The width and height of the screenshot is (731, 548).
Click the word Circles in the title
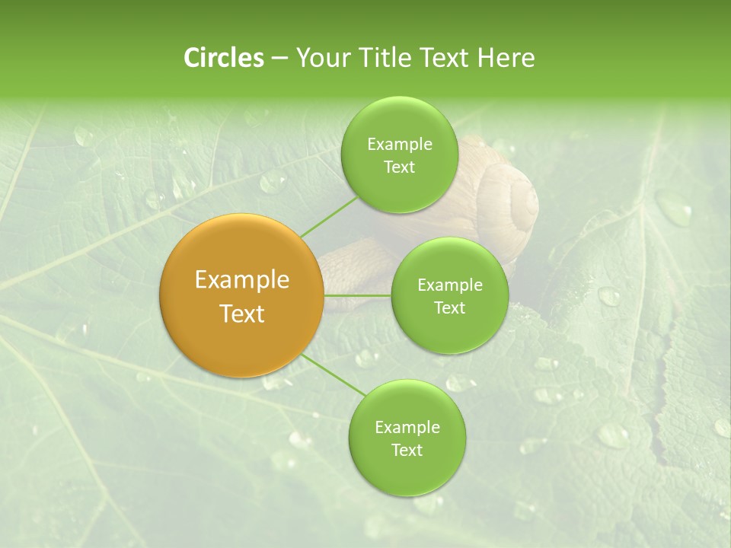tap(224, 58)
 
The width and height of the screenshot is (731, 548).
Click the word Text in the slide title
tap(446, 58)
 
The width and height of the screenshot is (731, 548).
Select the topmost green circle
tap(400, 155)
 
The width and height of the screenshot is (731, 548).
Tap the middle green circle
tap(449, 296)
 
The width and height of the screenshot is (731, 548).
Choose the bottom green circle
tap(407, 438)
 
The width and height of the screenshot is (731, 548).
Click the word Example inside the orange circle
tap(242, 280)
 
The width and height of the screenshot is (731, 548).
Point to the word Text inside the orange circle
tap(242, 314)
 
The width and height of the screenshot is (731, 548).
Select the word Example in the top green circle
tap(400, 145)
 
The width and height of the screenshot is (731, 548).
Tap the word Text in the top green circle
tap(399, 167)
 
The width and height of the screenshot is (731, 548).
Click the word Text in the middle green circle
tap(449, 307)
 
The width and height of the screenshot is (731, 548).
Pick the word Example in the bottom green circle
tap(407, 428)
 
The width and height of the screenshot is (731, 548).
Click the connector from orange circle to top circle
tap(328, 215)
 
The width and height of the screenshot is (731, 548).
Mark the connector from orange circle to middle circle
tap(357, 295)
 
